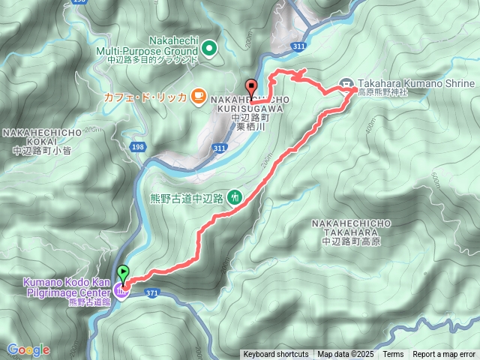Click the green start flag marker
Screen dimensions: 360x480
tap(124, 273)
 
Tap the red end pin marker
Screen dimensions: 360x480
tap(250, 86)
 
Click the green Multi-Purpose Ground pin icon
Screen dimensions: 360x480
tap(209, 49)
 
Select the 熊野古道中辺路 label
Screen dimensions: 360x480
tap(187, 198)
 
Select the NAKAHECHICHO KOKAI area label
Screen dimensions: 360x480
tap(42, 141)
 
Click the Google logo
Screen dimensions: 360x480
tap(28, 349)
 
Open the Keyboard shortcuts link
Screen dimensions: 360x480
tap(275, 355)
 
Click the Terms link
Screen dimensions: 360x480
tap(393, 355)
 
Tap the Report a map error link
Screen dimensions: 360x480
tap(445, 355)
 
